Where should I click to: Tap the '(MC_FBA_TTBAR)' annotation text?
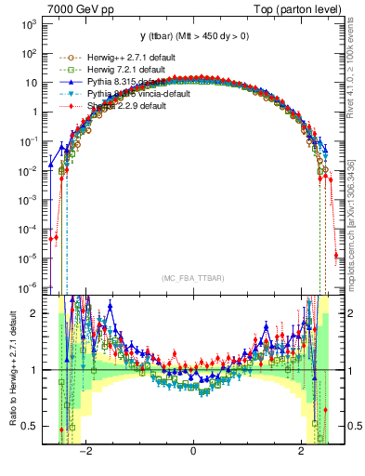(192, 278)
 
